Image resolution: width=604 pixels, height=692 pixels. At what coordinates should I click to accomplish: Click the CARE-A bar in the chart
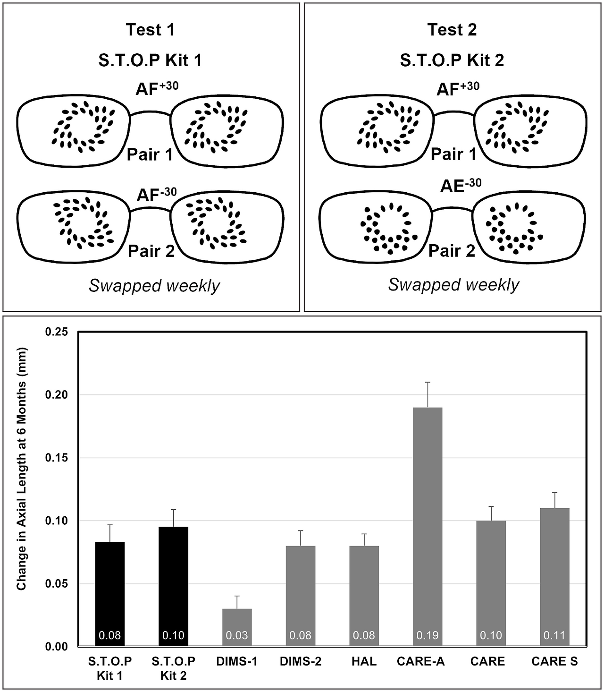point(428,527)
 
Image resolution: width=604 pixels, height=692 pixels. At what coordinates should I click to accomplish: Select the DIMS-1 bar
point(237,628)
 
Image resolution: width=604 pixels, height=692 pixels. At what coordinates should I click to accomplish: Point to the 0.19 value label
point(428,635)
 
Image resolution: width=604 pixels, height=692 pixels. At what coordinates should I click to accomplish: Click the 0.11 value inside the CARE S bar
point(554,635)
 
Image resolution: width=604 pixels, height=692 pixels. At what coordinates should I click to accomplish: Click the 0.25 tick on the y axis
point(57,332)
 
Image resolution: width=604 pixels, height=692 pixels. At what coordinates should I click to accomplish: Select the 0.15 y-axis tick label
point(57,458)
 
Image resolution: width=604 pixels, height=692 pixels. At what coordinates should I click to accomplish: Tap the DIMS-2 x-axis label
point(300,661)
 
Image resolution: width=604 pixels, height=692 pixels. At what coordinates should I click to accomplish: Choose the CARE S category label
point(554,661)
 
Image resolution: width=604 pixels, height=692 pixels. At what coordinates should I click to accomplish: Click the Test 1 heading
point(151,30)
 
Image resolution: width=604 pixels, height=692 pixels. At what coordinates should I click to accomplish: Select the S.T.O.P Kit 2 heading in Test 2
point(452,60)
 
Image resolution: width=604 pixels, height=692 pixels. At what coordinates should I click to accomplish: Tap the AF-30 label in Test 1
point(157,195)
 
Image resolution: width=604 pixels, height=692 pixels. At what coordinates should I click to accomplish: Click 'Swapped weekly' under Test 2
point(453,285)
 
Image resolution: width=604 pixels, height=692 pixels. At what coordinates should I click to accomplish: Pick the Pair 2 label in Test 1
point(151,251)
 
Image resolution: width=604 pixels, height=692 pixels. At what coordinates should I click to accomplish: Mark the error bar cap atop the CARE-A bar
point(428,382)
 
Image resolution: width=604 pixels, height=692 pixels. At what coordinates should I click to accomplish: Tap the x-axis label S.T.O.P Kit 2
point(173,668)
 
